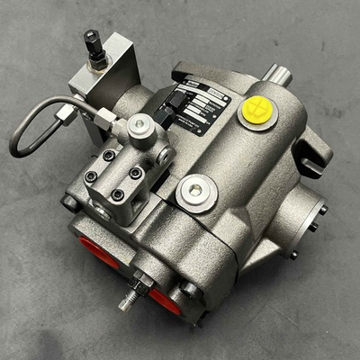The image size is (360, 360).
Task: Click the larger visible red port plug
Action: pyautogui.click(x=94, y=253)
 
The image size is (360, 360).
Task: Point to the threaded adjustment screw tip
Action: pyautogui.click(x=127, y=302)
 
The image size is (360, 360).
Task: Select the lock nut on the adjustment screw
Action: pyautogui.click(x=139, y=287)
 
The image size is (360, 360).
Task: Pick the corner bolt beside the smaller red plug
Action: pyautogui.click(x=190, y=289)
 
